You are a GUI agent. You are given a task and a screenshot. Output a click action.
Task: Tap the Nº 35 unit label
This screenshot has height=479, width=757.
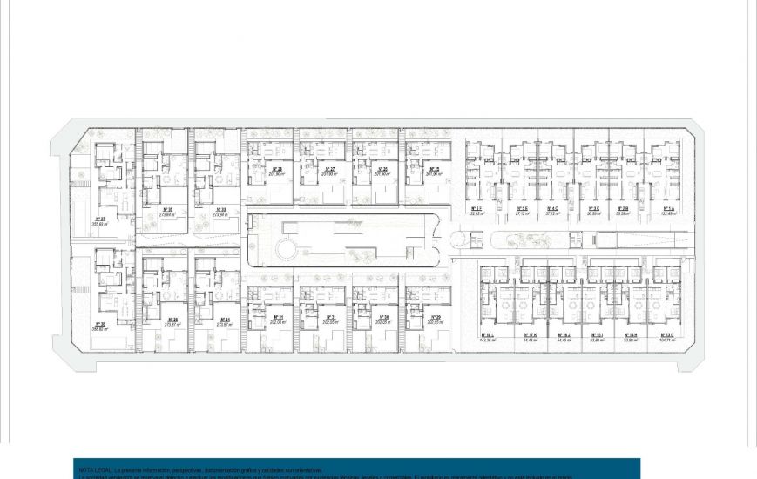(168, 209)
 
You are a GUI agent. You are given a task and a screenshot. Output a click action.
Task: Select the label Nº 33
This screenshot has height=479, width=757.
(220, 209)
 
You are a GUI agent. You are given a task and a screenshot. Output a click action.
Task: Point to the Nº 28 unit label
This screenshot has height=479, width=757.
(276, 170)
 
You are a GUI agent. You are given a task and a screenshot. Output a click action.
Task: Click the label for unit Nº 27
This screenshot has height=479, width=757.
(329, 170)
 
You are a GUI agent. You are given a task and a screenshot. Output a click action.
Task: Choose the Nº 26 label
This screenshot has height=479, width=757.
(382, 170)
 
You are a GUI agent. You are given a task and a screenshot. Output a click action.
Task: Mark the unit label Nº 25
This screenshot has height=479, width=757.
(434, 170)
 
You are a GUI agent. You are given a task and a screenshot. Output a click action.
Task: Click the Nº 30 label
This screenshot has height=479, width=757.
(382, 316)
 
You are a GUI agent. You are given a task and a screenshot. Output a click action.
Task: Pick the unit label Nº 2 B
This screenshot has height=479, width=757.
(623, 209)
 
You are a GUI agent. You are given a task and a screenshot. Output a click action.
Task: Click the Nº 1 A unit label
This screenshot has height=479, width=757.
(668, 209)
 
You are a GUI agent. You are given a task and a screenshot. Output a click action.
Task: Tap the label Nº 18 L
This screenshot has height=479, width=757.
(487, 335)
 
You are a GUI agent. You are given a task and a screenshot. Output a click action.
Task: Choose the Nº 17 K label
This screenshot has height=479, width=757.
(530, 335)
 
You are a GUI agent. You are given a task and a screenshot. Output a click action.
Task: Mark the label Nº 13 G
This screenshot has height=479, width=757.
(668, 335)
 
